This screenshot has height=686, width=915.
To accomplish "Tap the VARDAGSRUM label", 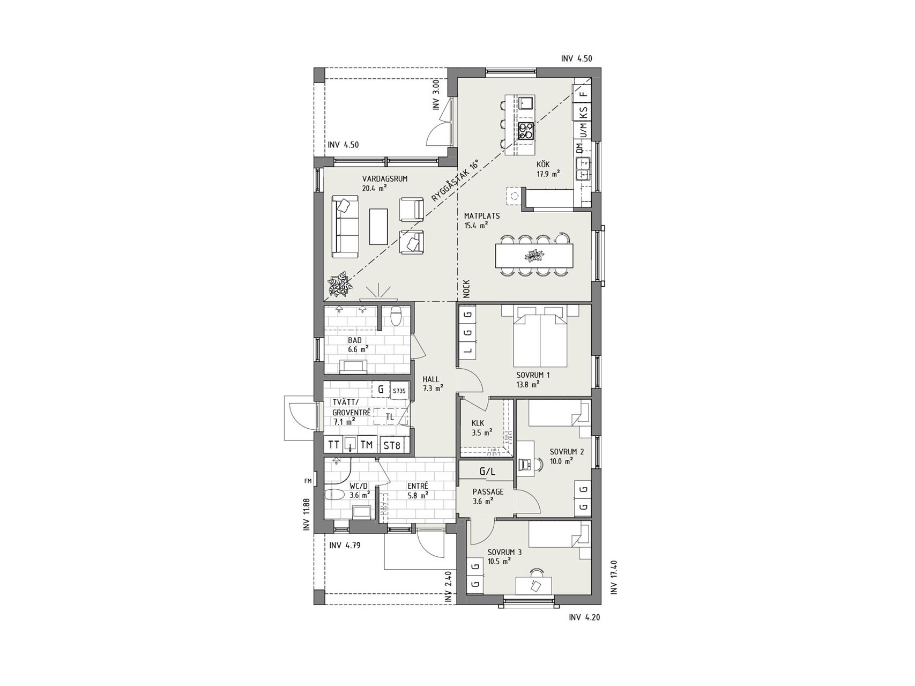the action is point(385,178).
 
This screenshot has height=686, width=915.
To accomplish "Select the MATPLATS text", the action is point(482,216).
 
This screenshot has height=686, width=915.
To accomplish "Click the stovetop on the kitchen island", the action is point(525,131).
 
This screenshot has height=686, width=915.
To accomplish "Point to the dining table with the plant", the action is point(534,256).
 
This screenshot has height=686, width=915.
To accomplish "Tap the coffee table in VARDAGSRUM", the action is point(380,225).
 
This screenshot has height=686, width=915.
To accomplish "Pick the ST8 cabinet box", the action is point(391,445).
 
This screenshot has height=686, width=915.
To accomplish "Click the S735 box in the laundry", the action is point(399,391).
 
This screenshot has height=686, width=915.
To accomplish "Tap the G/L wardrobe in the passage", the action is point(486,472).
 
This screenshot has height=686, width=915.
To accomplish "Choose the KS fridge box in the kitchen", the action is point(583,113).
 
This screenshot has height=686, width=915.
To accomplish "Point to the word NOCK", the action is point(466,289).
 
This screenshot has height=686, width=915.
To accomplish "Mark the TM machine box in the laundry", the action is point(367,445).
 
